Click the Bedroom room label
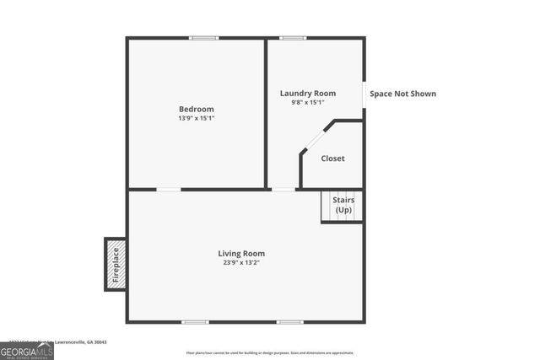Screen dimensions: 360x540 click(196, 109)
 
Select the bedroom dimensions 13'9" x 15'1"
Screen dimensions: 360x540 click(196, 119)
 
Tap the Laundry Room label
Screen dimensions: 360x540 click(308, 93)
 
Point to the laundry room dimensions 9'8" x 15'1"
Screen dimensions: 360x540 click(308, 103)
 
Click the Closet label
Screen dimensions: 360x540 click(332, 159)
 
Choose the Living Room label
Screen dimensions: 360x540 click(241, 253)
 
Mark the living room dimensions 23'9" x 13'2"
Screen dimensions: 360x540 click(241, 262)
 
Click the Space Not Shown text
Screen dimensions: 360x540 click(403, 94)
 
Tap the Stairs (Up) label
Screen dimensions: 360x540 click(343, 204)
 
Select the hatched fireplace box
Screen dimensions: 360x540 click(116, 264)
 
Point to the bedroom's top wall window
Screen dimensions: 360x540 click(203, 38)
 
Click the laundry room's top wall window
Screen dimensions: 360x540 click(293, 38)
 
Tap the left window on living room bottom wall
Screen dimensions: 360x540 click(196, 321)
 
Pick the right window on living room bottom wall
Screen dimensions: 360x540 click(290, 321)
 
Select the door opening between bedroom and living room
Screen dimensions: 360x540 click(169, 190)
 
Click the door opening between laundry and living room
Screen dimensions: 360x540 click(283, 190)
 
